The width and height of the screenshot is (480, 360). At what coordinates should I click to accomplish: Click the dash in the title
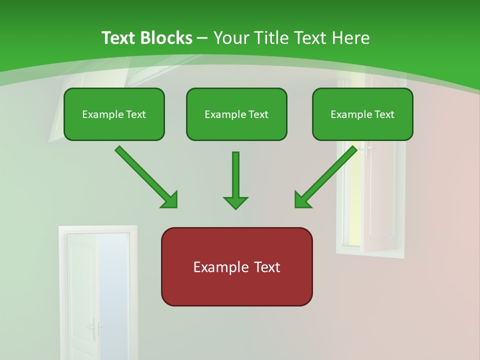pos(202,38)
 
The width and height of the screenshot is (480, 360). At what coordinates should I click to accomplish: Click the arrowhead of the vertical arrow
pos(235,202)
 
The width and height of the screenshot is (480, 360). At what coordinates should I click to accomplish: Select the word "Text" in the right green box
pos(383,114)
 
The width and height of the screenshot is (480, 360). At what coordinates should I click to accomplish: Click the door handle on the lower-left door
pos(92,328)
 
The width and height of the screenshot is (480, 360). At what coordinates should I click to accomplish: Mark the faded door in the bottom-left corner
pos(97,295)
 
